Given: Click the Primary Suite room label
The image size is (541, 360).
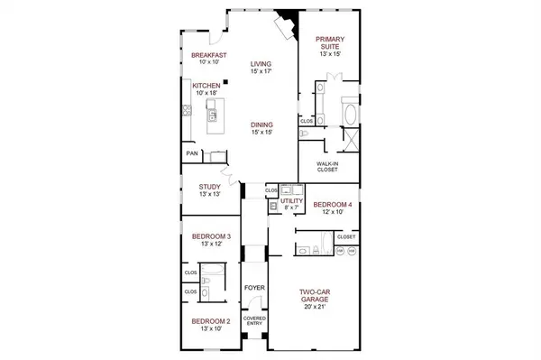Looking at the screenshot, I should (x=330, y=42).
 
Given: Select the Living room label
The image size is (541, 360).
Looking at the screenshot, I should (x=261, y=64).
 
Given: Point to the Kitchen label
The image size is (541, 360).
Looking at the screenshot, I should (x=206, y=86).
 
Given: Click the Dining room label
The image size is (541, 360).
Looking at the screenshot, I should (x=261, y=125).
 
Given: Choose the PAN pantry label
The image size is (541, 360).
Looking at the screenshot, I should (x=191, y=153).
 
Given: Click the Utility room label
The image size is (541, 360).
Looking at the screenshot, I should (x=290, y=203).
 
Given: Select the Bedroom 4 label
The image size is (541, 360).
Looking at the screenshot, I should (x=329, y=206).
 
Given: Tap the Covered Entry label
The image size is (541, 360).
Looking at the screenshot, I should (x=253, y=322).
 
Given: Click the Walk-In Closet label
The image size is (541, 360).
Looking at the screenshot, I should (x=326, y=166).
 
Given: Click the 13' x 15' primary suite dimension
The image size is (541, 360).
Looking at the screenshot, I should (x=330, y=54).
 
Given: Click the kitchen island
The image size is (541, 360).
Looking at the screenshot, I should (x=217, y=117).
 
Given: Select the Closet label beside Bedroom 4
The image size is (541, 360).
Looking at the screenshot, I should (x=345, y=236).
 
